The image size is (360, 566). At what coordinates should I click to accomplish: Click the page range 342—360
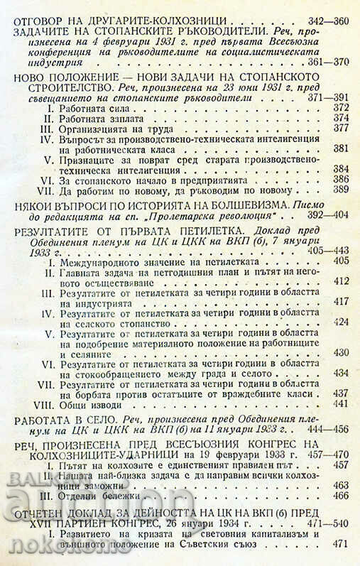point(323,21)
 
